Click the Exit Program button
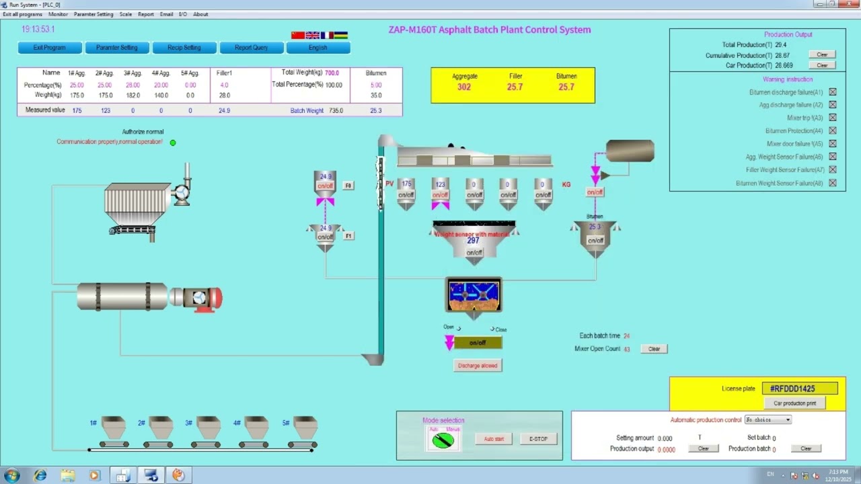[x=50, y=48]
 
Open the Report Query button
[x=252, y=48]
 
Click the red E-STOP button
[x=538, y=439]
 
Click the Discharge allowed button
[x=478, y=366]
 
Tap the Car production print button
[x=795, y=403]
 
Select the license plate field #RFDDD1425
[x=800, y=389]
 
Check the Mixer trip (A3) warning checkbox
[x=833, y=118]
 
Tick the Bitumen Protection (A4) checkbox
[x=833, y=130]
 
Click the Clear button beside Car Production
[x=822, y=65]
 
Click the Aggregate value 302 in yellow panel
[x=464, y=87]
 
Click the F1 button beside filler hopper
[x=349, y=236]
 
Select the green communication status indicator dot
[x=173, y=143]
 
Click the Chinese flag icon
[x=298, y=35]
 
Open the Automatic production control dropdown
[x=768, y=419]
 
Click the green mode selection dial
[x=443, y=441]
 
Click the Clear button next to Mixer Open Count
[x=654, y=349]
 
